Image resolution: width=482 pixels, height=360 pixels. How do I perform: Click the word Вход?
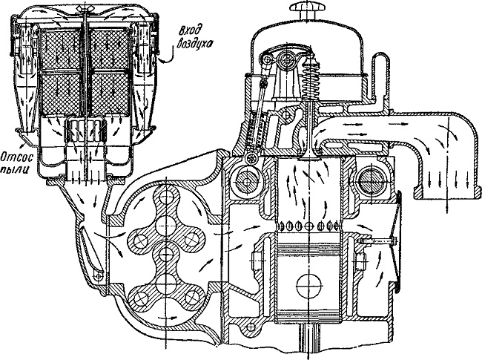click(191, 31)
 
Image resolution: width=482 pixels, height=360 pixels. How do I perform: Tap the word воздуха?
click(194, 43)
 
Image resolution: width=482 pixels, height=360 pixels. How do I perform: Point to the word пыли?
click(17, 170)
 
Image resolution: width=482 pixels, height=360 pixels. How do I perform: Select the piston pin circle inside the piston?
click(309, 286)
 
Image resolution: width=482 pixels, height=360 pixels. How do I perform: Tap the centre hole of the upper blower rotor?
click(166, 226)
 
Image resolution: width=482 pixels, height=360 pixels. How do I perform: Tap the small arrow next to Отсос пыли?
click(22, 144)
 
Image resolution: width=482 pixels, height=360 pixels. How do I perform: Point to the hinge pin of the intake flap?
click(98, 276)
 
